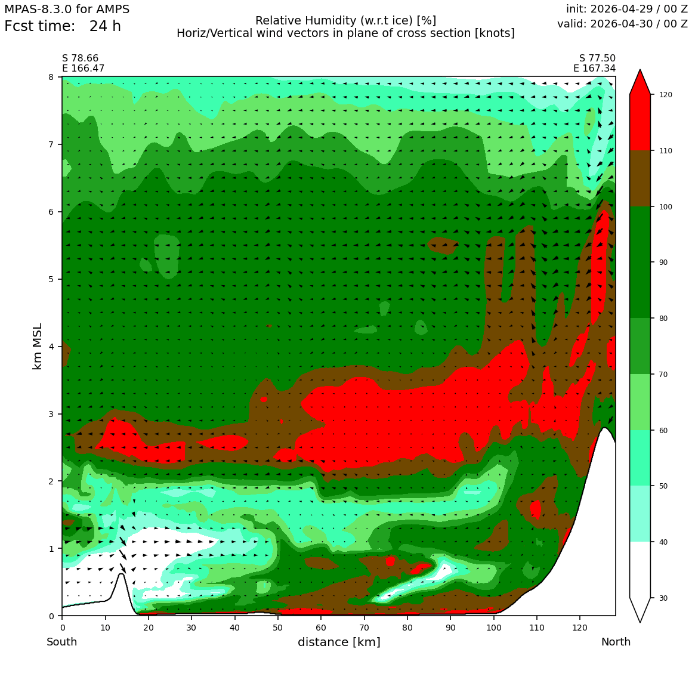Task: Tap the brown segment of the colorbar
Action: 640,179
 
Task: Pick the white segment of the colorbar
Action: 640,570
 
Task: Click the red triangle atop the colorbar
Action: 640,82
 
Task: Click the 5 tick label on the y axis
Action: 52,279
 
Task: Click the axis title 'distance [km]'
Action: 339,642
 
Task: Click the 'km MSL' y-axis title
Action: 38,347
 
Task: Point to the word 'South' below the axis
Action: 62,642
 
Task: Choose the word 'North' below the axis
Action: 616,642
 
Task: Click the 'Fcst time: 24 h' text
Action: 63,26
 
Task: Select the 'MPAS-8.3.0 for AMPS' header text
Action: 67,9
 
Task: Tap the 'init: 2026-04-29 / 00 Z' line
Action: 627,9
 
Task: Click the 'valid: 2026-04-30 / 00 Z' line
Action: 622,23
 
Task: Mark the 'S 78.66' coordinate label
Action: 81,58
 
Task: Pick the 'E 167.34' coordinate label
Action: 595,68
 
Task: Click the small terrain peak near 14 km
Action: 121,574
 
